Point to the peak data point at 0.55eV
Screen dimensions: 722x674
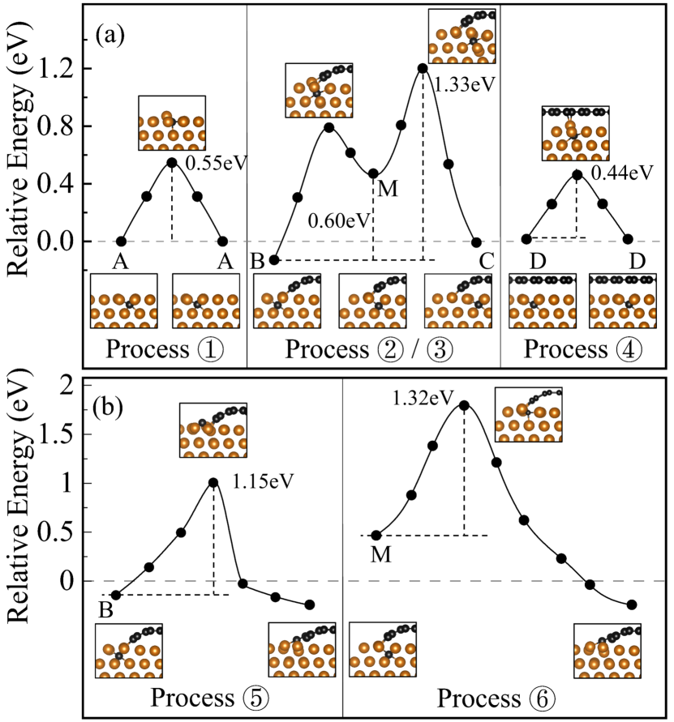(x=172, y=162)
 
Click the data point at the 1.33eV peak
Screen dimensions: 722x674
(x=423, y=68)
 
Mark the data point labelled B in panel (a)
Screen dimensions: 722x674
(x=274, y=259)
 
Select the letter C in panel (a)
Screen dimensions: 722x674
(x=485, y=261)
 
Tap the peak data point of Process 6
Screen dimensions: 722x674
(x=464, y=404)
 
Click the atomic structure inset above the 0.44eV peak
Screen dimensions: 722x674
(x=574, y=133)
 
